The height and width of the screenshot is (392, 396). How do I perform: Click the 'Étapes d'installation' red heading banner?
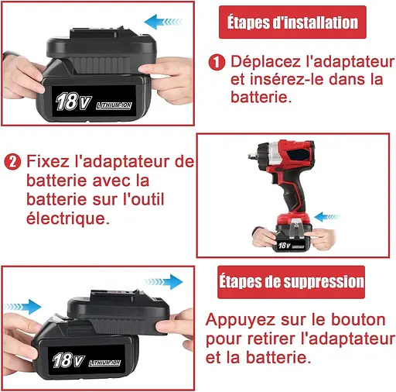(x=292, y=22)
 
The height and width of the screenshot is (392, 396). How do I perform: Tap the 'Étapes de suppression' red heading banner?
(x=291, y=282)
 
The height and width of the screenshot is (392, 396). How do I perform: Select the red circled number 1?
(x=217, y=62)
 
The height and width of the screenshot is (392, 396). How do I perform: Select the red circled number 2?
(x=12, y=162)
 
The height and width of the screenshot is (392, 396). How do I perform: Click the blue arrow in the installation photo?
(x=163, y=22)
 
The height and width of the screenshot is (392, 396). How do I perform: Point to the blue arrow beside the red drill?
(x=326, y=217)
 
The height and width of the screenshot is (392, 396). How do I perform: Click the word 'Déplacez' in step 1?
(x=265, y=62)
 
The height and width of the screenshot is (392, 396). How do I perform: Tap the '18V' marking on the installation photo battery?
(x=73, y=101)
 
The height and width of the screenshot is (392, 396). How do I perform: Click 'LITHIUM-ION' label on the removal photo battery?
(x=104, y=363)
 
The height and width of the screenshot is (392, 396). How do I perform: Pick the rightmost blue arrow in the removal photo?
(x=164, y=282)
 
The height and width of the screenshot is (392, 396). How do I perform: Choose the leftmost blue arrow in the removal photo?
(x=22, y=307)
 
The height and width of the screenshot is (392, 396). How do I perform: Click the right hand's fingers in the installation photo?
(x=165, y=76)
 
